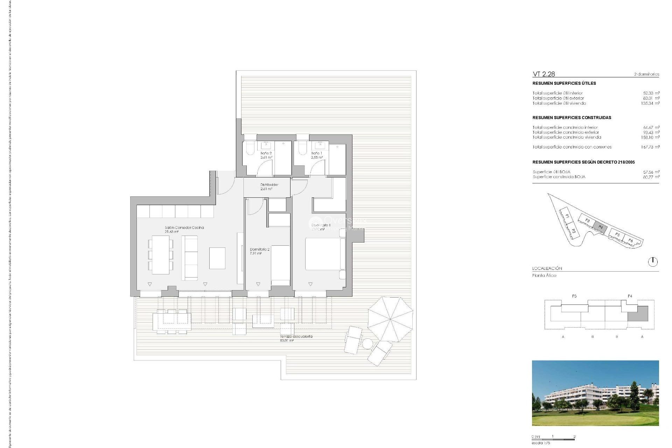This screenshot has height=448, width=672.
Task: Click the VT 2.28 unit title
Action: click(544, 74)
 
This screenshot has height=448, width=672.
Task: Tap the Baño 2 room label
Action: click(266, 155)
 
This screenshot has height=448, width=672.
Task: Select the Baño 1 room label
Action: click(317, 155)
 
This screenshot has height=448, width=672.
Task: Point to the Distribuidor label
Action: click(269, 187)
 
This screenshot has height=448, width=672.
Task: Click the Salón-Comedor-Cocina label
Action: click(184, 229)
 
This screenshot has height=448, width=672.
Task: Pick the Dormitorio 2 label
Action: click(259, 251)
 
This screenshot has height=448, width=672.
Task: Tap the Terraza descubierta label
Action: click(296, 338)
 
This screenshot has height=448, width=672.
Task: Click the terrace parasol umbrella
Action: click(390, 319)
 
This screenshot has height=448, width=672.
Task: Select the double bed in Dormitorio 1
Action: click(323, 254)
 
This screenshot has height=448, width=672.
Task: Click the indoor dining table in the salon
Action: click(160, 254)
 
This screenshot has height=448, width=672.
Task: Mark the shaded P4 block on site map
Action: click(601, 227)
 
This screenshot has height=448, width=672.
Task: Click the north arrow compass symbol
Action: click(653, 262)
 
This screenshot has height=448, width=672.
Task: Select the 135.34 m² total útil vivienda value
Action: click(650, 103)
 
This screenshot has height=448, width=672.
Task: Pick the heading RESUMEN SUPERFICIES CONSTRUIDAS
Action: click(572, 118)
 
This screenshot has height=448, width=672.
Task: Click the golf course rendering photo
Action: click(595, 393)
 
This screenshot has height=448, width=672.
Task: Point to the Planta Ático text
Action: click(544, 275)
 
